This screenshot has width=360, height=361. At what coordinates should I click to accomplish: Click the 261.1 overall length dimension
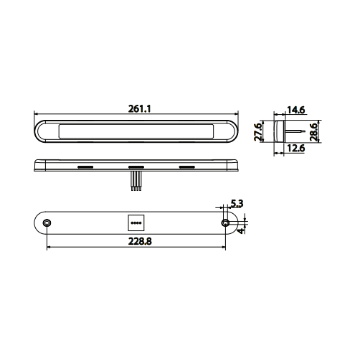pos(140,109)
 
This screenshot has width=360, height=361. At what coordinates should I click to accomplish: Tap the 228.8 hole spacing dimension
pos(140,241)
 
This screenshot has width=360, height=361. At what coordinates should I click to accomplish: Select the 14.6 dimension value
pos(296,110)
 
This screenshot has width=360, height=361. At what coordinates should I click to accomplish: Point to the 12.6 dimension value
pos(296,149)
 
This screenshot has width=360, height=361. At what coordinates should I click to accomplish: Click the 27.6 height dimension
pos(258,132)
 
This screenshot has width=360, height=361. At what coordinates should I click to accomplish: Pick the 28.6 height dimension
pos(313,132)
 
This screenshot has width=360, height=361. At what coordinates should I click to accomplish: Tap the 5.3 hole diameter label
pos(237,203)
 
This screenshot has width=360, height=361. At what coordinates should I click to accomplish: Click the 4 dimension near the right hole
pos(241,230)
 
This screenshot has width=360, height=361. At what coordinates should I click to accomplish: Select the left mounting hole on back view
pos(47,223)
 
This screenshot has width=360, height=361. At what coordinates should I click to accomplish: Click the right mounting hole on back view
pos(225,223)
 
